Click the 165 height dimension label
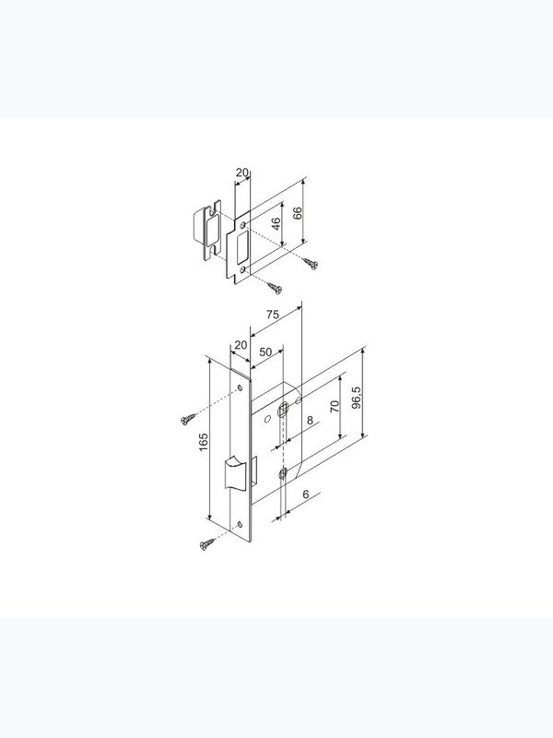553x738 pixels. coord(203,442)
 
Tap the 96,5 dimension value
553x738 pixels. coord(357,398)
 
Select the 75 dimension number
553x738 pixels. coord(272,315)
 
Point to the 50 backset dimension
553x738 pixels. coord(265,352)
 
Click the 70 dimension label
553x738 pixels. coord(335,406)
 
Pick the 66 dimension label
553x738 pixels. coord(297,213)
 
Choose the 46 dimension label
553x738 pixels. coord(276,223)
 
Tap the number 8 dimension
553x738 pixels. coord(310,420)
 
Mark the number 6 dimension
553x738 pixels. coord(306,494)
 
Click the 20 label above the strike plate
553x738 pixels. coord(241,173)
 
